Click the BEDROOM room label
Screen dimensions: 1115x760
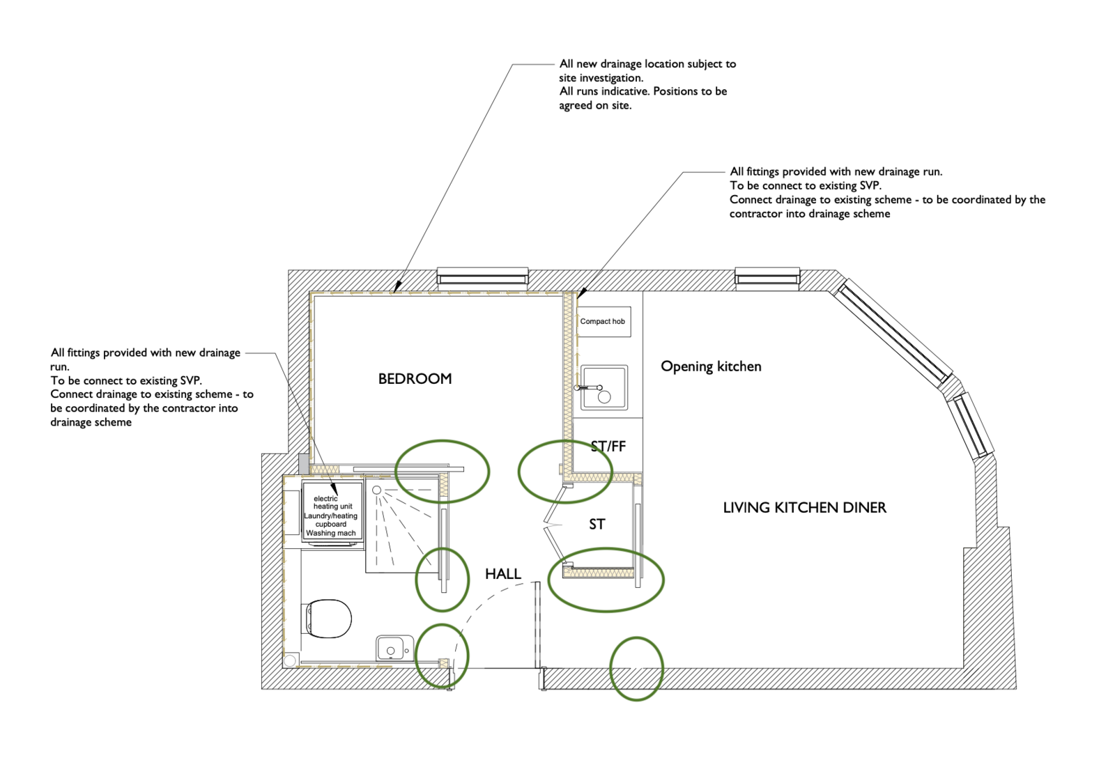415,379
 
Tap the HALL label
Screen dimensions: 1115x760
502,574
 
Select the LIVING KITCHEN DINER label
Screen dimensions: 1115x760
804,508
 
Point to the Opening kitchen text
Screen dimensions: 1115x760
711,367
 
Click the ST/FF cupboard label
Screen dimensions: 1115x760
608,447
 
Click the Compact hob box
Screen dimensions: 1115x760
603,322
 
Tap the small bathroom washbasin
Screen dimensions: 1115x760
394,646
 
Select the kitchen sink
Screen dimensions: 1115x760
603,388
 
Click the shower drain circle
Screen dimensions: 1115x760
377,490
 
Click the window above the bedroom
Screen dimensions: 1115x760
482,277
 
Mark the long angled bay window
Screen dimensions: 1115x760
893,332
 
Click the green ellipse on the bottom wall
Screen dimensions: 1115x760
637,669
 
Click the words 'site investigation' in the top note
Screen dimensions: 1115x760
601,78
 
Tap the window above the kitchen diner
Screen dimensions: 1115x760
767,277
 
